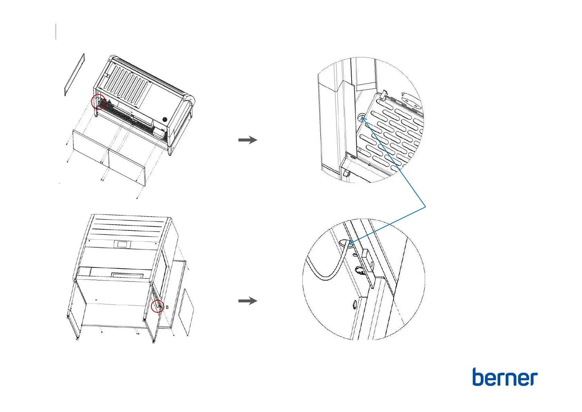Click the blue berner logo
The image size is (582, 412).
[x=505, y=377]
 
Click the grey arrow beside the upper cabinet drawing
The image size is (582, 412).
[x=248, y=140]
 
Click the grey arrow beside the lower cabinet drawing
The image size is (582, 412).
[x=248, y=301]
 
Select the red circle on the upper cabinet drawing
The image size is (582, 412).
[x=98, y=102]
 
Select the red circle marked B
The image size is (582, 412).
[x=158, y=306]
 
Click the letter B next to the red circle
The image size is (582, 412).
[x=167, y=307]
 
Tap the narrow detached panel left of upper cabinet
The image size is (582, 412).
[x=74, y=74]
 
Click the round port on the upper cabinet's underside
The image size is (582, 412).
[x=165, y=120]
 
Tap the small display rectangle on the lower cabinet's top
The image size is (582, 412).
[x=122, y=244]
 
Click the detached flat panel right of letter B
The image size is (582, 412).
[x=186, y=312]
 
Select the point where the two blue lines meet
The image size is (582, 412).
[x=425, y=207]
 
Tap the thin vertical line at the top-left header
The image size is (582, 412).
[x=56, y=31]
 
